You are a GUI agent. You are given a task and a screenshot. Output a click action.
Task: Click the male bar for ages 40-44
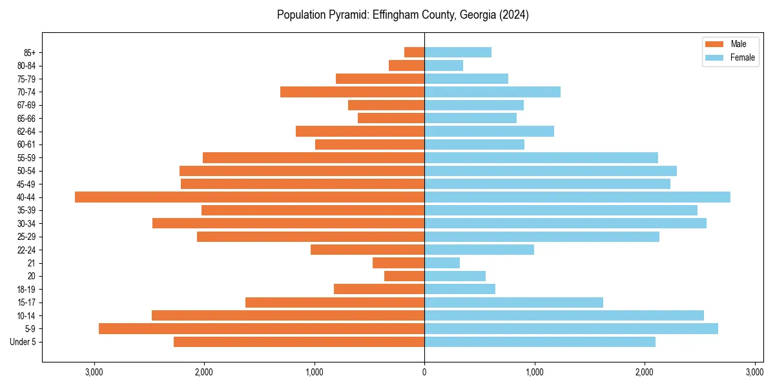click(249, 197)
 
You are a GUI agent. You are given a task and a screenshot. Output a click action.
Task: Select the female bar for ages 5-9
click(571, 328)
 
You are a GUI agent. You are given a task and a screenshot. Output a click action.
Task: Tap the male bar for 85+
click(414, 52)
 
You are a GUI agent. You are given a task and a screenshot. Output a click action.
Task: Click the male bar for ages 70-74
click(352, 92)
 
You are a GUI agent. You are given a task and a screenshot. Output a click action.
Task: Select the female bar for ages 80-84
click(444, 65)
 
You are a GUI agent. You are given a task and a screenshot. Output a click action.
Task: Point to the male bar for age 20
click(404, 276)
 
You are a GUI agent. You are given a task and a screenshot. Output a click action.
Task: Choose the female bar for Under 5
click(539, 342)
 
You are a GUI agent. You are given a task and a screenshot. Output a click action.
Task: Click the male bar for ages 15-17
click(335, 302)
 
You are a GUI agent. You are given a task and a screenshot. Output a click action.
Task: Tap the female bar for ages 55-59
click(541, 157)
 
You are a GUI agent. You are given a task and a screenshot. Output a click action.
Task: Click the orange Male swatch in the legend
click(714, 44)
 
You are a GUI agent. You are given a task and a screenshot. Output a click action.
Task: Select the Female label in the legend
click(743, 57)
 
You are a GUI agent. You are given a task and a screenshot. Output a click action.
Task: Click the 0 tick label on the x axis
click(424, 372)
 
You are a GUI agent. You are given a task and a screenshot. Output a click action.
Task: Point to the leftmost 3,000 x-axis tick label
click(94, 372)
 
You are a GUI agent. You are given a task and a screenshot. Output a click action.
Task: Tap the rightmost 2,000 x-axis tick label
click(645, 372)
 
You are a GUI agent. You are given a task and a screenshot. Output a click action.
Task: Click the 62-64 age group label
click(26, 132)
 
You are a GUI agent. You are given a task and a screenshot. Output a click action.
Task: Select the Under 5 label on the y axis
click(23, 342)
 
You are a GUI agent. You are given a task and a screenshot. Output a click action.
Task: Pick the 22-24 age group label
click(26, 250)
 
